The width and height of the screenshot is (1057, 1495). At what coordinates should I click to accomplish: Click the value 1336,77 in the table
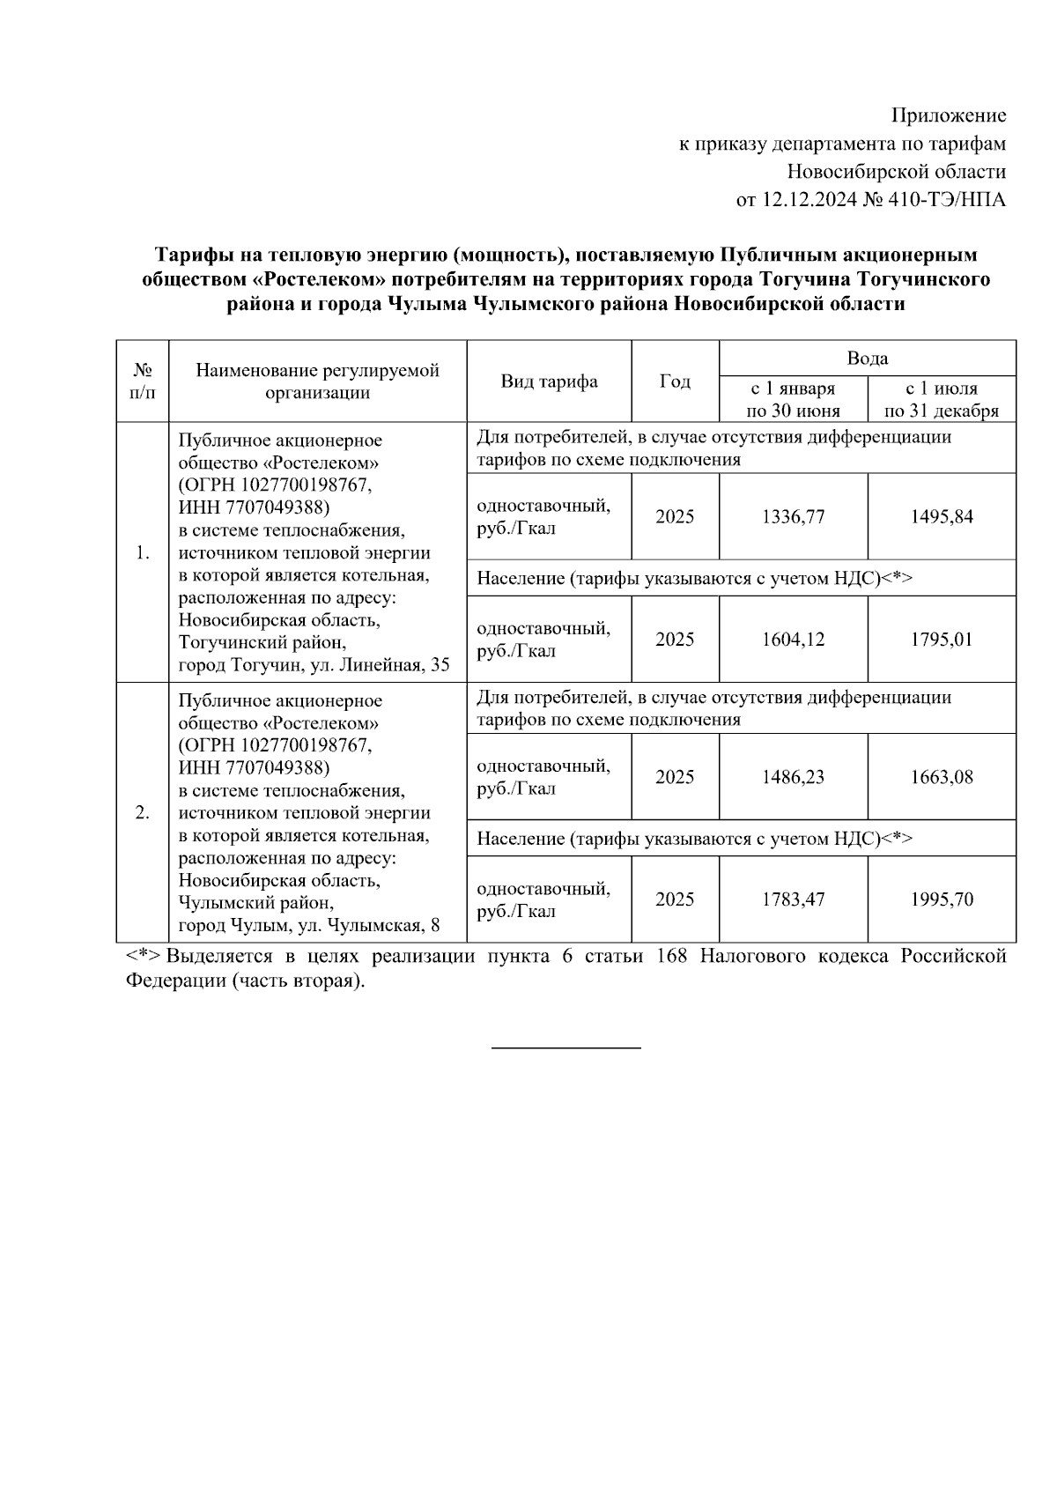pyautogui.click(x=793, y=517)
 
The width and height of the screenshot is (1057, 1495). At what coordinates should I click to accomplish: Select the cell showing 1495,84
pyautogui.click(x=942, y=517)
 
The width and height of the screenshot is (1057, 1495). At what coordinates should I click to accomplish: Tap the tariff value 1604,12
pyautogui.click(x=793, y=640)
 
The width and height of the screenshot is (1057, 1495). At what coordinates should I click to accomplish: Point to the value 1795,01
pyautogui.click(x=942, y=640)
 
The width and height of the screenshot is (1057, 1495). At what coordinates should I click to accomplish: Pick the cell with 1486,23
pyautogui.click(x=793, y=777)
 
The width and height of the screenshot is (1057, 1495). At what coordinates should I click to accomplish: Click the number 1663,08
pyautogui.click(x=942, y=777)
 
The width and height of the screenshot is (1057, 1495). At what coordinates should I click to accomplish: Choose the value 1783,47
pyautogui.click(x=793, y=899)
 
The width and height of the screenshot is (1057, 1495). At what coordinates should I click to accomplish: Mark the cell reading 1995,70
pyautogui.click(x=942, y=899)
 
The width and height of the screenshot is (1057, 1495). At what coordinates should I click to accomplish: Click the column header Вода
pyautogui.click(x=867, y=359)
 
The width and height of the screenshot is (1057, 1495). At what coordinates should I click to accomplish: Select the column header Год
pyautogui.click(x=675, y=381)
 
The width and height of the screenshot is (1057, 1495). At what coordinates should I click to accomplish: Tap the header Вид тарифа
pyautogui.click(x=549, y=381)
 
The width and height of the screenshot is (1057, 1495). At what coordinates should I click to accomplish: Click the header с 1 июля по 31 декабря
pyautogui.click(x=942, y=399)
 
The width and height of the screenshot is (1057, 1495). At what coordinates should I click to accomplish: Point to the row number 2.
pyautogui.click(x=142, y=812)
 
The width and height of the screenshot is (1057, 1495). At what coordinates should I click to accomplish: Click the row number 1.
pyautogui.click(x=142, y=553)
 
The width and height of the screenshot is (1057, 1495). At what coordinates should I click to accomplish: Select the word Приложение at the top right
pyautogui.click(x=949, y=115)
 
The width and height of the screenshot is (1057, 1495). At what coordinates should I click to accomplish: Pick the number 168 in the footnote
pyautogui.click(x=673, y=957)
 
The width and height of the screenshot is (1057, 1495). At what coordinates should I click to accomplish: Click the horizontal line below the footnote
pyautogui.click(x=565, y=1047)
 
